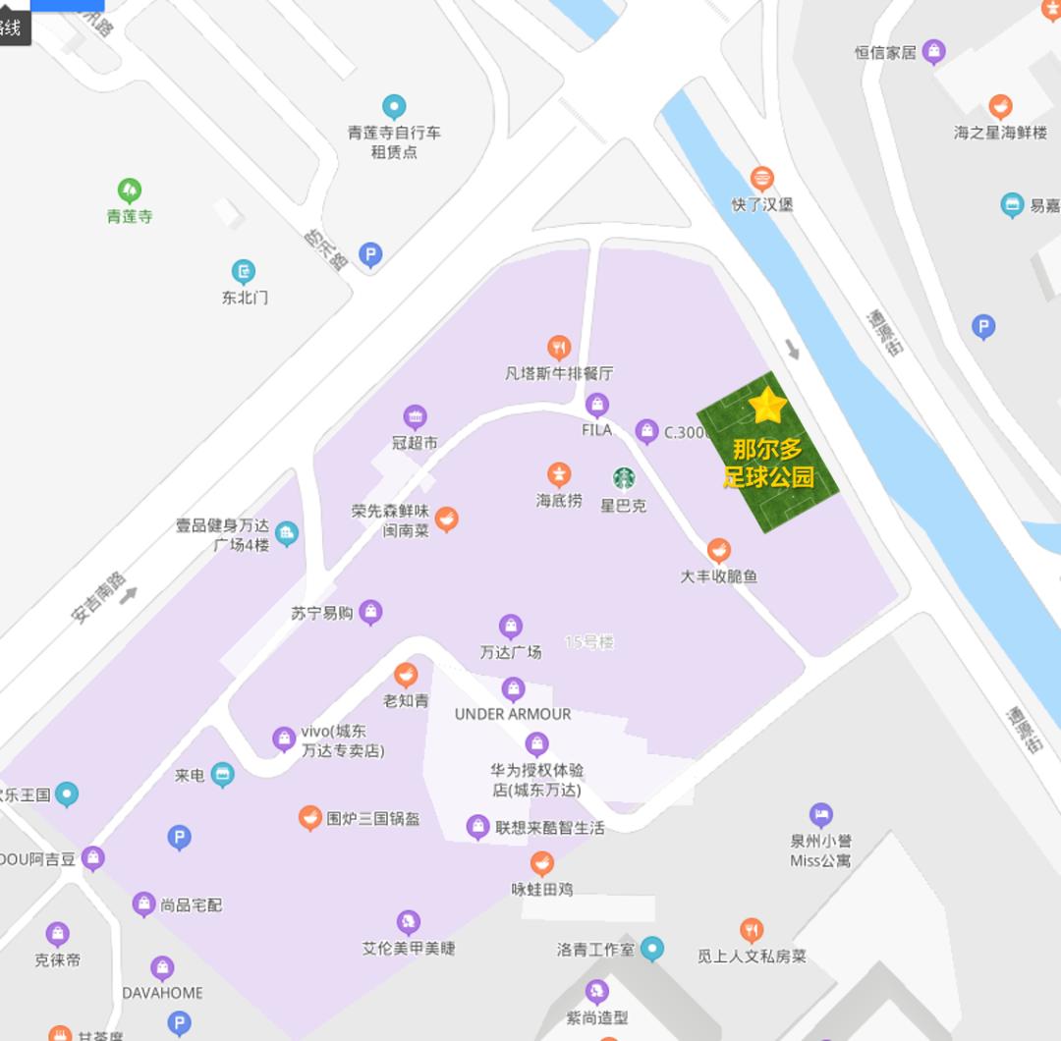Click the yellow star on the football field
click(767, 405)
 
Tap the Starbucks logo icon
click(624, 478)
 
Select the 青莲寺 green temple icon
click(130, 190)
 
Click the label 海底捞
click(559, 501)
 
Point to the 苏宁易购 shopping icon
click(370, 613)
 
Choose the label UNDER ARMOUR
click(512, 714)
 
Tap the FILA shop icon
click(596, 405)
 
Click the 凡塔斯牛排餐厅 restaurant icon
click(559, 347)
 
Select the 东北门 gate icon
click(244, 271)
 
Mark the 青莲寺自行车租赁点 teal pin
click(394, 106)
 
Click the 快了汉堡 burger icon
click(761, 179)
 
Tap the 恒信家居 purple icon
click(934, 51)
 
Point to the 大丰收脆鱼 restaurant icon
click(719, 550)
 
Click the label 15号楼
click(589, 642)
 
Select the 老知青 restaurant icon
click(406, 675)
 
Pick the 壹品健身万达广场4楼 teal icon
click(287, 534)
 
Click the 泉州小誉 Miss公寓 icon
click(821, 814)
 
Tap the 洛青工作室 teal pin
click(652, 949)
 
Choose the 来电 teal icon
click(223, 775)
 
